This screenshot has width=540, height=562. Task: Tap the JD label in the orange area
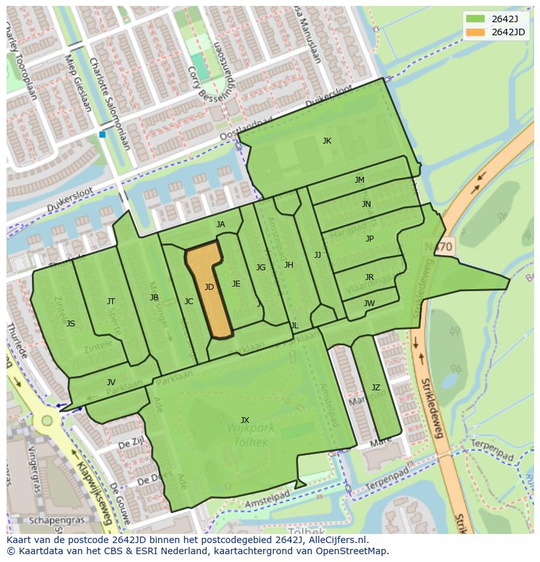coord(209,287)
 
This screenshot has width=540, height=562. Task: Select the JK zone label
coord(327,140)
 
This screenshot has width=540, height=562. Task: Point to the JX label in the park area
coord(245,420)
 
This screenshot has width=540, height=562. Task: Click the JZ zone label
coord(376,387)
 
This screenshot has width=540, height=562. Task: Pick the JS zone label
coord(70,323)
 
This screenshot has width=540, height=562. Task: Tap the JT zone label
coord(111,301)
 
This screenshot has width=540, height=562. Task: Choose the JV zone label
coord(111,382)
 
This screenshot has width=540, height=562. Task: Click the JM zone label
coord(359,180)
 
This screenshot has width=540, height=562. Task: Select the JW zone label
coord(369,303)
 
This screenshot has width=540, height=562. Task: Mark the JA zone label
coord(220,225)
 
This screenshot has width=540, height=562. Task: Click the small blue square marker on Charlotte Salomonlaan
coord(102,134)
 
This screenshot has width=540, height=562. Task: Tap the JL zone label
coord(294,325)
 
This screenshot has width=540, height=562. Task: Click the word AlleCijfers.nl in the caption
coord(337,540)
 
